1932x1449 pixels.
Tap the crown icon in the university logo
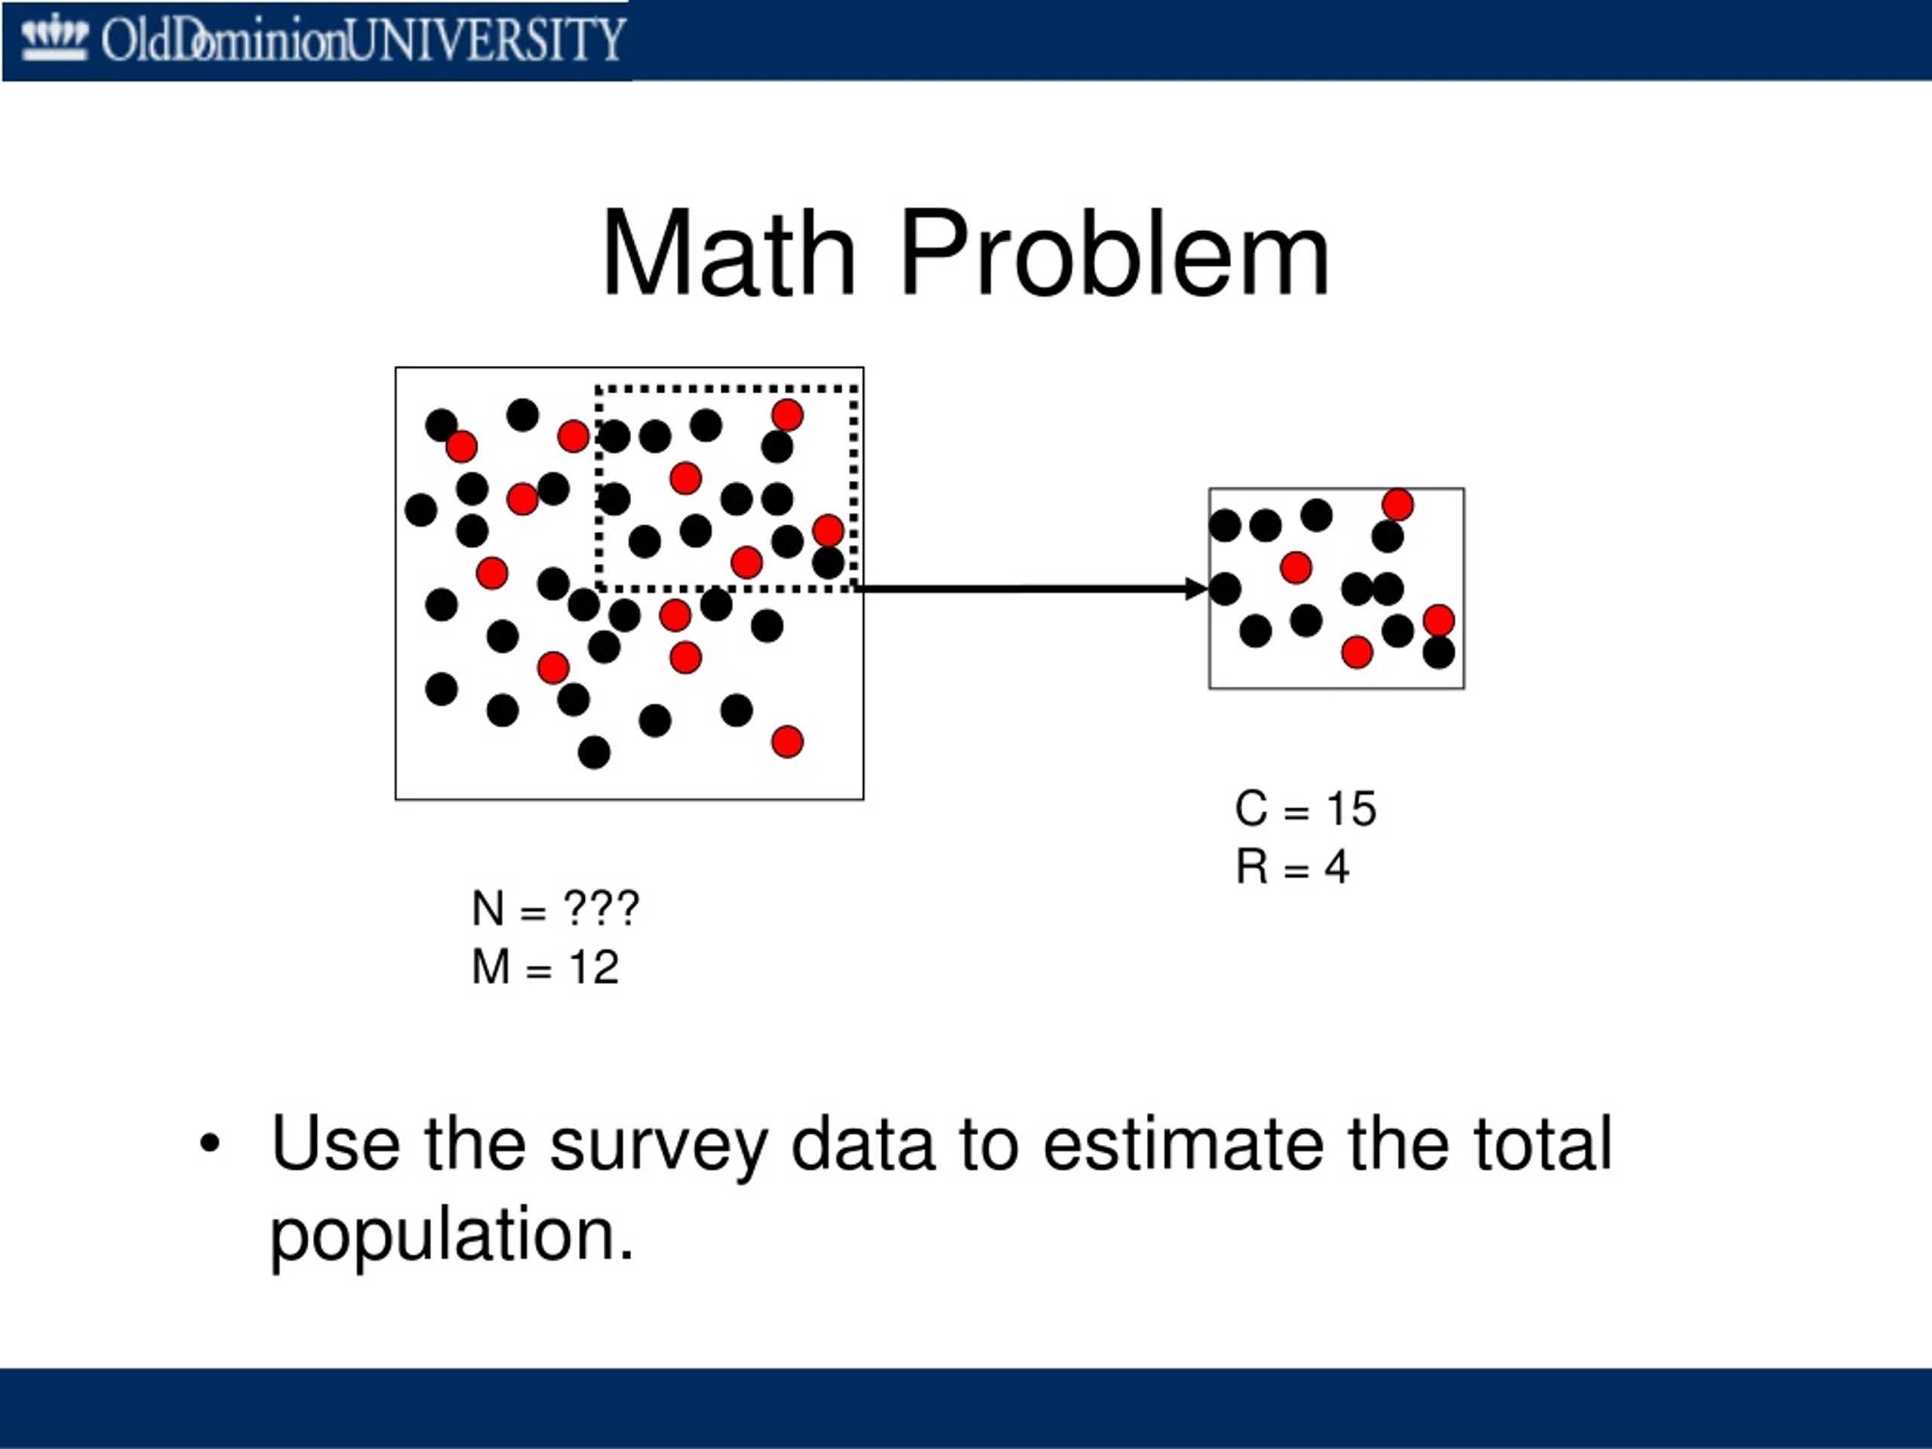point(54,38)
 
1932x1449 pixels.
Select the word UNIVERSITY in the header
point(485,39)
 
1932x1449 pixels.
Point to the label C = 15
point(1306,808)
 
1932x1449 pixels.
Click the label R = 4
point(1292,867)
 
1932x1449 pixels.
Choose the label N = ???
point(555,909)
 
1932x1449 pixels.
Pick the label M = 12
point(545,967)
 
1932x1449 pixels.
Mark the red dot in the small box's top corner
point(1398,505)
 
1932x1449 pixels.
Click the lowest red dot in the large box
point(787,742)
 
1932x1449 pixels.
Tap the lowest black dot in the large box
point(594,752)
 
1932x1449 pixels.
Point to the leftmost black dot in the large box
point(421,509)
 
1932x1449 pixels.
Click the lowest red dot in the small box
point(1356,651)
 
